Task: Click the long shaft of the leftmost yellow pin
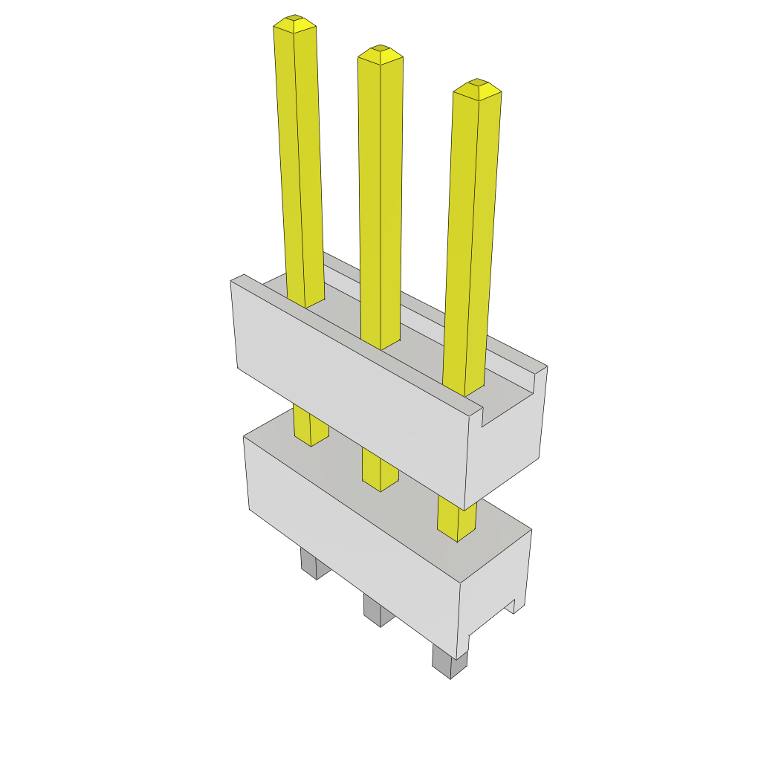tap(299, 163)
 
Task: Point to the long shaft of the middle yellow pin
tap(380, 201)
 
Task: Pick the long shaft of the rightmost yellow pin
tap(471, 238)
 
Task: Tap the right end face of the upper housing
tap(513, 446)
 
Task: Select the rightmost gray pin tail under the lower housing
tap(450, 661)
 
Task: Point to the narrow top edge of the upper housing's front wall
tap(357, 343)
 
